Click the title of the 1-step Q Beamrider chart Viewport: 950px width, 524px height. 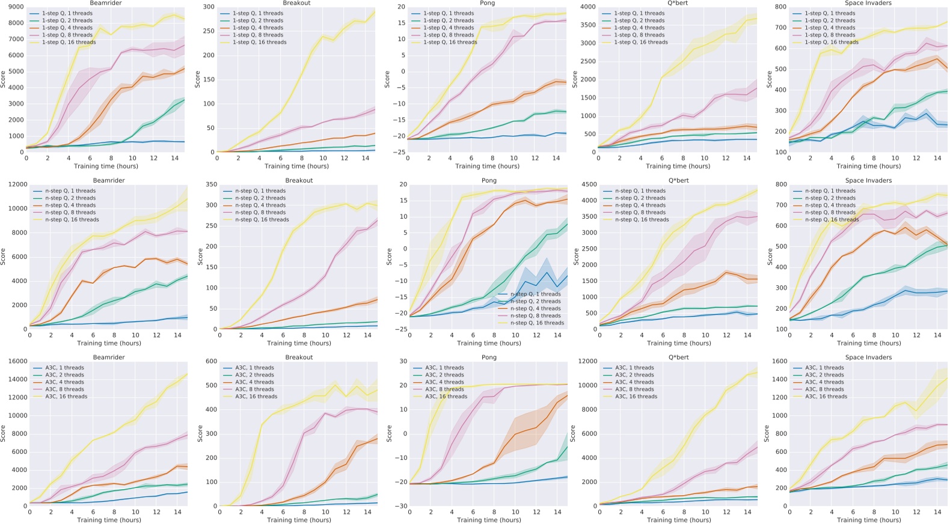point(106,3)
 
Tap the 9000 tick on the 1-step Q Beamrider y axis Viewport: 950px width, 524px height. point(16,7)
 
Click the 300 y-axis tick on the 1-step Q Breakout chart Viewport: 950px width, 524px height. point(208,7)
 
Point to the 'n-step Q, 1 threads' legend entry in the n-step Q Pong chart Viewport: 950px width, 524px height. point(535,294)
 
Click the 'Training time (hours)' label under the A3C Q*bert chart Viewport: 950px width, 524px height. point(679,520)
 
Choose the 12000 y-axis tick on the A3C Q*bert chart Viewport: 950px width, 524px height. point(588,361)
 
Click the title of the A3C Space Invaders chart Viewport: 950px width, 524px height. point(869,357)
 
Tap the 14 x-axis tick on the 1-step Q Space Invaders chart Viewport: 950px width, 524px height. point(937,158)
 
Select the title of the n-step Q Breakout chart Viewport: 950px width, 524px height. point(299,180)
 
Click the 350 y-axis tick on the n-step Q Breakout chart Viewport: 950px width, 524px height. point(208,184)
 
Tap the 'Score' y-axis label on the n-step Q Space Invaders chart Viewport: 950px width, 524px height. point(770,257)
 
